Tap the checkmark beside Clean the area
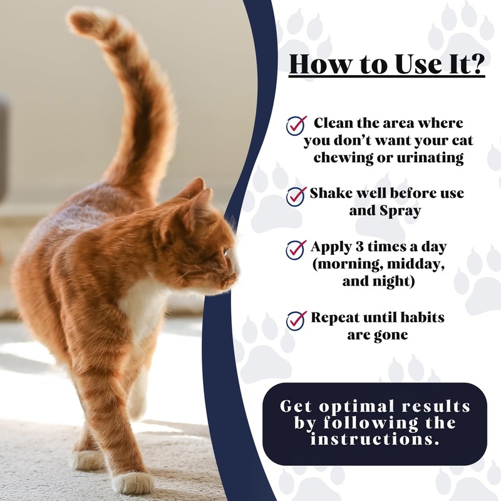click(296, 125)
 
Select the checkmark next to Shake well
click(296, 195)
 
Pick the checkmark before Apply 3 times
click(296, 249)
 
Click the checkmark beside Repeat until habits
click(296, 320)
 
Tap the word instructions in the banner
click(374, 439)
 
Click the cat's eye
click(225, 252)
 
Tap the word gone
click(393, 335)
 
